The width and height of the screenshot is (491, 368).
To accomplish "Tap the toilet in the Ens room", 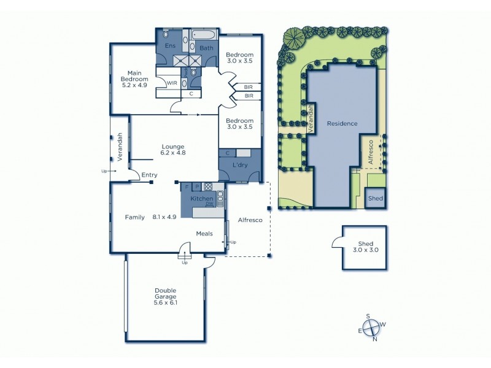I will pyautogui.click(x=165, y=34).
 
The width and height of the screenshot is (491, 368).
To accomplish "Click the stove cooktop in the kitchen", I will pyautogui.click(x=208, y=186).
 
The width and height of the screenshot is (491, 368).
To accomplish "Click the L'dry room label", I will pyautogui.click(x=239, y=167).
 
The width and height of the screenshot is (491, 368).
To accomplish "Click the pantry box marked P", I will pyautogui.click(x=196, y=186).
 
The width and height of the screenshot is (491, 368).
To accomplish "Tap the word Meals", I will pyautogui.click(x=204, y=233).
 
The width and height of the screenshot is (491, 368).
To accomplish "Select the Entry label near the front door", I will pyautogui.click(x=149, y=175).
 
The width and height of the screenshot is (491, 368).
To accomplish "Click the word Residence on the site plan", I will pyautogui.click(x=342, y=123).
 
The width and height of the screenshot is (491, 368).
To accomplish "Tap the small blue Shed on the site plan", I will pyautogui.click(x=375, y=199).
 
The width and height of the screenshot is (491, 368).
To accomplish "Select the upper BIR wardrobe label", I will pyautogui.click(x=249, y=87).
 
